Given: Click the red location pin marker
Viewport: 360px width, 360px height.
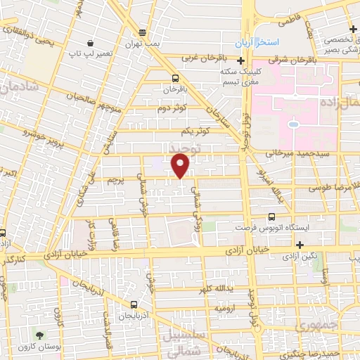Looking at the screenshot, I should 181,165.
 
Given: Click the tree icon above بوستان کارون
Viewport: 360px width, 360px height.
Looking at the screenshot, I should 39,335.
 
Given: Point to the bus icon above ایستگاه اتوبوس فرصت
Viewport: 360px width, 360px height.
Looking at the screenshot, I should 271,217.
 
